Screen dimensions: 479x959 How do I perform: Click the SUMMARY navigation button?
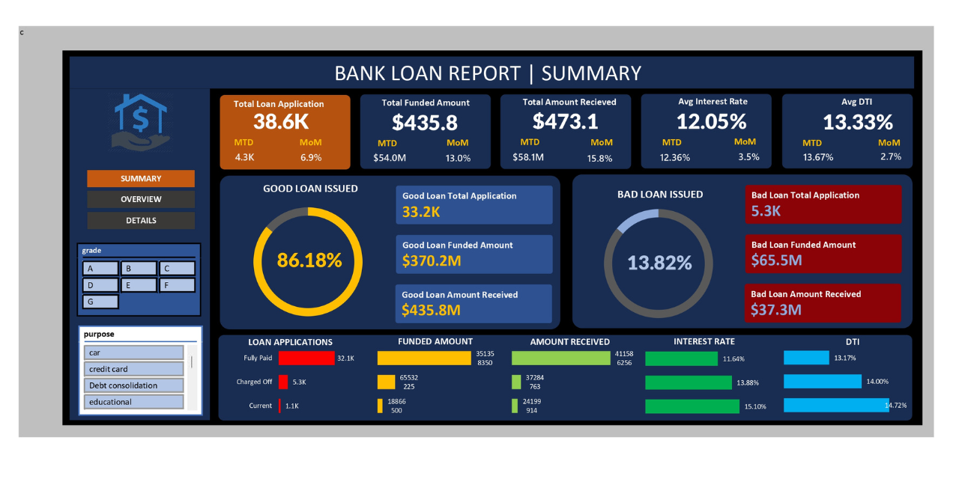[x=141, y=179]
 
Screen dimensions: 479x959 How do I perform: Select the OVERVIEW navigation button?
[x=141, y=199]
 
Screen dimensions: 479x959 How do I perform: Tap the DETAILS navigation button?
[x=141, y=220]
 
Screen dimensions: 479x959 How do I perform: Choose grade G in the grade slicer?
[x=100, y=302]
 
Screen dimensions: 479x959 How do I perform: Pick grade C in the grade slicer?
[x=177, y=268]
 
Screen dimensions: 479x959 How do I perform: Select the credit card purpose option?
[x=133, y=369]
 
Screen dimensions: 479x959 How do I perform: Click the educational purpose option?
[x=133, y=402]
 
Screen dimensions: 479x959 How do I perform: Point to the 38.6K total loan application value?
[x=281, y=122]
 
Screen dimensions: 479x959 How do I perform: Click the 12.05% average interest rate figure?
[x=711, y=121]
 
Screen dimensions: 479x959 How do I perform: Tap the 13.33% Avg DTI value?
[x=858, y=122]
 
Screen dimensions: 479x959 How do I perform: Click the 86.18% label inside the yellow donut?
[x=309, y=260]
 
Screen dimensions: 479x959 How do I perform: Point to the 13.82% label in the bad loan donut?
[x=659, y=263]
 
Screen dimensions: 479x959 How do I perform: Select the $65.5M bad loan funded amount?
[x=776, y=260]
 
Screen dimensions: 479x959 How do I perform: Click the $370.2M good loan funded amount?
[x=431, y=260]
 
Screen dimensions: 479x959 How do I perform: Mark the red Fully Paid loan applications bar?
[x=306, y=358]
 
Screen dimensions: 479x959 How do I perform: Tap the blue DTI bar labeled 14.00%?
[x=822, y=382]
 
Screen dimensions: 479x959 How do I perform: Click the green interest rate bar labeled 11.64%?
[x=681, y=359]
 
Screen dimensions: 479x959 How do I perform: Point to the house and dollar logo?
[x=141, y=121]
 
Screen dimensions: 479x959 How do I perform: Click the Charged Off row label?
[x=254, y=382]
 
